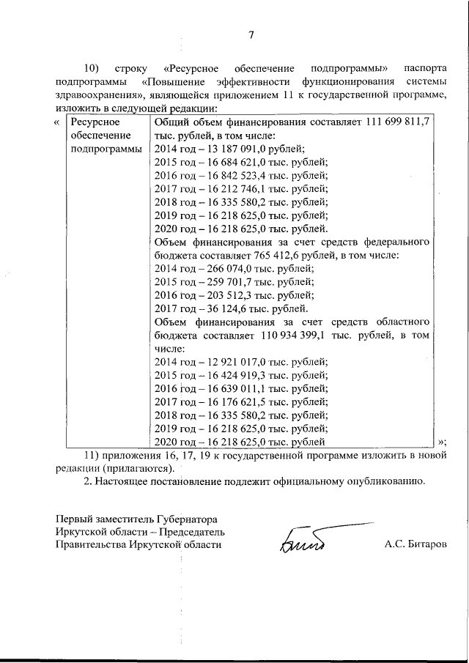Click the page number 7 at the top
251,34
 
